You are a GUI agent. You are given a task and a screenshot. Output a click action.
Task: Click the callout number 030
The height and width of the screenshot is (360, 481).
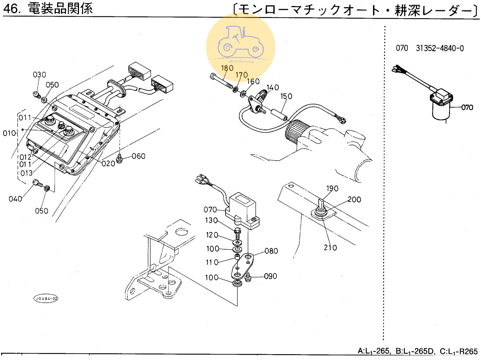[39, 74]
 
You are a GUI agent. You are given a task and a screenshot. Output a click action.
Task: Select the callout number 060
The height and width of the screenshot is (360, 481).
[139, 156]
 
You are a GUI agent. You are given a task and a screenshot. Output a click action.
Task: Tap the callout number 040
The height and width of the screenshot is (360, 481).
[15, 199]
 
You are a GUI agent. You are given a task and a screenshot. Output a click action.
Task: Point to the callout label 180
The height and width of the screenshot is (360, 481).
[227, 68]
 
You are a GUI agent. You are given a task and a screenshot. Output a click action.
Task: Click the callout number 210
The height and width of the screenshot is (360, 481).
[330, 248]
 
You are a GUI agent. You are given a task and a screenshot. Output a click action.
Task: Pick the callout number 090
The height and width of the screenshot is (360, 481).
[270, 276]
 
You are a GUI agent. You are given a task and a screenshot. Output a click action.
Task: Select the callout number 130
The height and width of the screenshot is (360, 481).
[211, 220]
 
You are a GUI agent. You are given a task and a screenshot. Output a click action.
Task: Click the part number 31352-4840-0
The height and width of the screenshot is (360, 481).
[440, 48]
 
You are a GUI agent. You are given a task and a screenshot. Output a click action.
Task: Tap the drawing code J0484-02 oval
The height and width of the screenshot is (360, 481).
[46, 299]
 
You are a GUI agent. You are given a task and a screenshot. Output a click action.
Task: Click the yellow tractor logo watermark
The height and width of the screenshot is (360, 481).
[240, 44]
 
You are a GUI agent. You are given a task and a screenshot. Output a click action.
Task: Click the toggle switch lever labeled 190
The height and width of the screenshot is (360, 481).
[321, 204]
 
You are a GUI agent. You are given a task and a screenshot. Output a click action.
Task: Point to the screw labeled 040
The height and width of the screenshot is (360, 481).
[37, 183]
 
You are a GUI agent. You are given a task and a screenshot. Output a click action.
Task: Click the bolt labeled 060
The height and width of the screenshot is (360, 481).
[120, 159]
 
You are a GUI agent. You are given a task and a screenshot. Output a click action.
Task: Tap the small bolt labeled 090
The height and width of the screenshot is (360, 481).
[248, 277]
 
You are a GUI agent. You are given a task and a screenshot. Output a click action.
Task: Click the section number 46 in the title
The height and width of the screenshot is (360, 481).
[11, 8]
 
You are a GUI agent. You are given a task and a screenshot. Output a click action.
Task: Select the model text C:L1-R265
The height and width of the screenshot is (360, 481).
[458, 351]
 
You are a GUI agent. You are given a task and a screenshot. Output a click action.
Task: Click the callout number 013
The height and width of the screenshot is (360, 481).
[26, 173]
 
